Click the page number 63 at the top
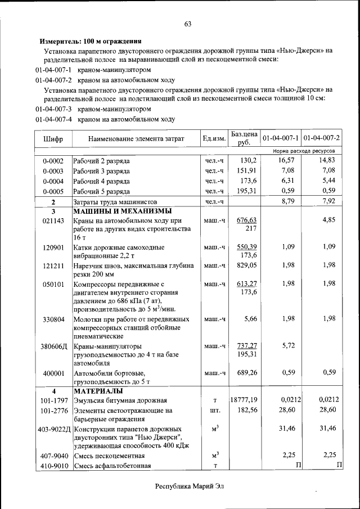point(188,24)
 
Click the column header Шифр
point(53,138)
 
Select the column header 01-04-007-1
point(280,138)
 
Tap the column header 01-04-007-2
point(321,138)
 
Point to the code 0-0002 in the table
point(53,161)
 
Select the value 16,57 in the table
point(286,160)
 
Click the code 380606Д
point(53,346)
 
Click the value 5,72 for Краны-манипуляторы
point(288,346)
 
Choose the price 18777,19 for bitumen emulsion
point(244,400)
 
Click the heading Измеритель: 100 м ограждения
point(90,41)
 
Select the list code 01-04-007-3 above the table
point(53,109)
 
